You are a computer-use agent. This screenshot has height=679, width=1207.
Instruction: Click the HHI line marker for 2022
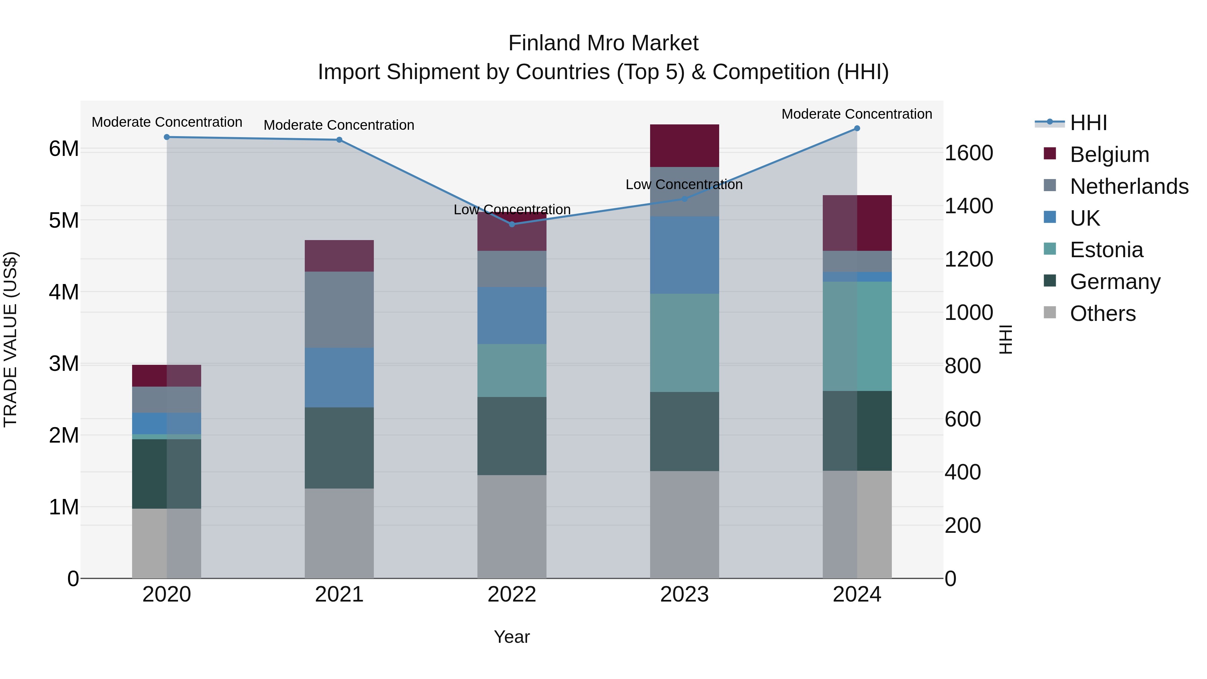coord(512,224)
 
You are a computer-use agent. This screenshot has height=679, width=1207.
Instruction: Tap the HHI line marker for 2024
coord(857,128)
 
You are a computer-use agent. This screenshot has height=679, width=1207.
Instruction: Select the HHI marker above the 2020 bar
coord(167,137)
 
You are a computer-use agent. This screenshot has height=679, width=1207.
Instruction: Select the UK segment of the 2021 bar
coord(339,377)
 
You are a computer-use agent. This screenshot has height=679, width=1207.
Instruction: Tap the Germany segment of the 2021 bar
coord(339,448)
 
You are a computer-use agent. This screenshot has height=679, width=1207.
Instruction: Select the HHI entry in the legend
coord(1088,123)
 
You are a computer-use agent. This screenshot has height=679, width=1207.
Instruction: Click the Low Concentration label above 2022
coord(512,210)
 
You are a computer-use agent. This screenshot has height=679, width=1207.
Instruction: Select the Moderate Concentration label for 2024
coord(857,114)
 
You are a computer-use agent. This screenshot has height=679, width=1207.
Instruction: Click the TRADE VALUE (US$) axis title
coord(10,339)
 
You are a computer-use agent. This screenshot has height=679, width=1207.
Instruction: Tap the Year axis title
coord(512,637)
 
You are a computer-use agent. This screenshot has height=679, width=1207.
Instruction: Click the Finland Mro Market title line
coord(603,43)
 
